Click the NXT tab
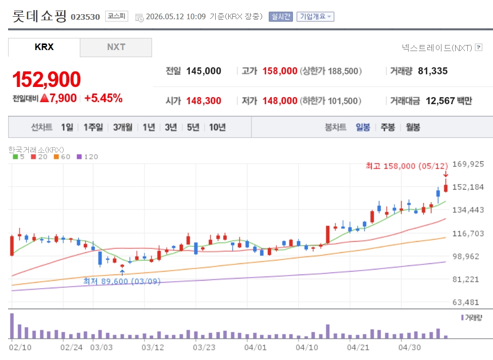point(116,47)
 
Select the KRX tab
point(44,47)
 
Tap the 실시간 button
point(280,16)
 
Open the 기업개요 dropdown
point(315,16)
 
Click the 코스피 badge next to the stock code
point(117,16)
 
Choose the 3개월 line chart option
point(123,127)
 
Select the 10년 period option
point(217,127)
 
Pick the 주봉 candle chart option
point(387,127)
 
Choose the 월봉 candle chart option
point(413,127)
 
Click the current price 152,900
point(46,79)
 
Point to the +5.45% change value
point(104,98)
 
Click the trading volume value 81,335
point(432,71)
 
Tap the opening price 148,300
point(204,101)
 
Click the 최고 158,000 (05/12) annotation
point(407,166)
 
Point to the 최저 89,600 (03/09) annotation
point(122,281)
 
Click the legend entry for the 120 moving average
point(87,157)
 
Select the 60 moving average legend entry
point(62,157)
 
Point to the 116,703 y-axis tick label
point(468,234)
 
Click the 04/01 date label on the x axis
point(255,347)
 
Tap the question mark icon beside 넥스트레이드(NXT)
point(478,47)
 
